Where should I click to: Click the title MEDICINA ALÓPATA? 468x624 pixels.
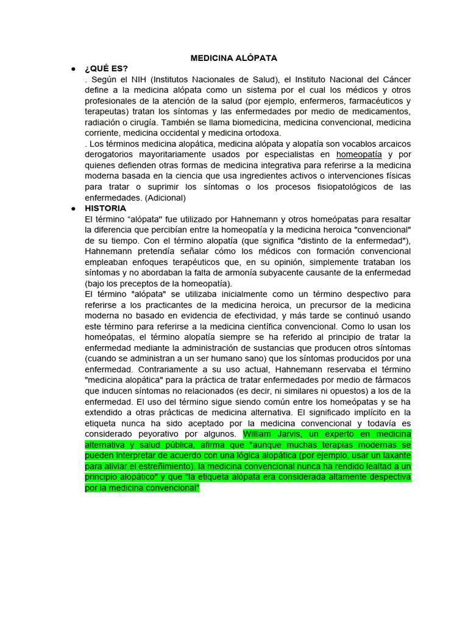click(234, 58)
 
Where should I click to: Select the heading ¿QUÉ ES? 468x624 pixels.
click(107, 68)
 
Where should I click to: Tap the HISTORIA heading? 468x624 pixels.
click(105, 208)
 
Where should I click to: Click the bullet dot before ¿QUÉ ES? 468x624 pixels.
click(73, 68)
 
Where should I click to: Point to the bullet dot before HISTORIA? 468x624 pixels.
click(73, 208)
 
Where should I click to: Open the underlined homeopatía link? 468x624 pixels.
click(359, 155)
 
